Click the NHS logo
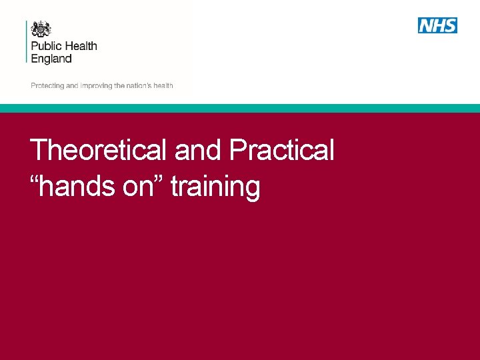[437, 25]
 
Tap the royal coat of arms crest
[41, 29]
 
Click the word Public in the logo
[46, 47]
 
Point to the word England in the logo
[51, 59]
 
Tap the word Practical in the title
[281, 150]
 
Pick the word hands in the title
[78, 187]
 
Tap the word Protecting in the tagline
[47, 86]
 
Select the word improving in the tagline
[96, 86]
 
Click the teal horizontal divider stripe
[240, 108]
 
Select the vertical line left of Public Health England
[27, 41]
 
